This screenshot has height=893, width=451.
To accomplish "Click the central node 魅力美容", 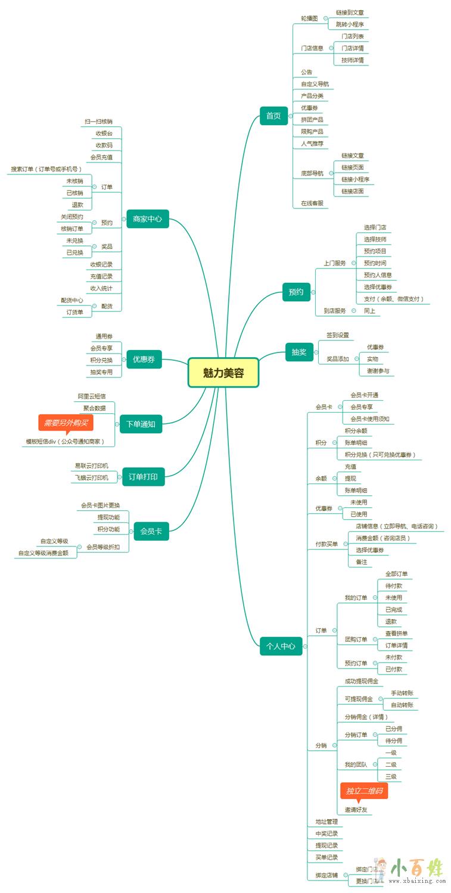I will pos(223,373).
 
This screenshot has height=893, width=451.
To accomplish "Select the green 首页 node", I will pos(273,115).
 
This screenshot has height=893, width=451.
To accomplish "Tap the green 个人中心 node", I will pos(281,645).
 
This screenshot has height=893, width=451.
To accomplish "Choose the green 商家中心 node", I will pos(148,218).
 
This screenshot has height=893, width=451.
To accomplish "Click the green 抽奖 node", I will pos(299,352).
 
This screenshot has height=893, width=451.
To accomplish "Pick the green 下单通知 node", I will pos(141,424).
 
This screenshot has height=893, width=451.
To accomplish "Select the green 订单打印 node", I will pos(143,476).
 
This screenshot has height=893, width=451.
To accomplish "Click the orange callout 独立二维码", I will pos(364,791).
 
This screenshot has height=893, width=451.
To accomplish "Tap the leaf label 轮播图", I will pos(309,18).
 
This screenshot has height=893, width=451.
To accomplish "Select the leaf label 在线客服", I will pos(312,203).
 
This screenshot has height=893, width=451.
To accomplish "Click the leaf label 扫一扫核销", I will pos(98,121).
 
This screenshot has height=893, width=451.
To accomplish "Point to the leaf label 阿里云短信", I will pos(92,396).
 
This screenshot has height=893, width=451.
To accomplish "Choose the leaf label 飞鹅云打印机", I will pos(92,477).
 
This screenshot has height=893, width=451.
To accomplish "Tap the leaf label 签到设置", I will pos(338,335).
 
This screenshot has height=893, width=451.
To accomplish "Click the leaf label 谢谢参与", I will pos(378,371).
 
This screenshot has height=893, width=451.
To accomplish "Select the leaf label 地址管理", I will pos(326,822).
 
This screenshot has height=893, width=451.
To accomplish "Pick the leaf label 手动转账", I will pos(402,693).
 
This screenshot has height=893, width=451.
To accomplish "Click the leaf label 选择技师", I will pos(375,239).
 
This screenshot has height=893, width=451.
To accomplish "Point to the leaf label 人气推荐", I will pos(312,143).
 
